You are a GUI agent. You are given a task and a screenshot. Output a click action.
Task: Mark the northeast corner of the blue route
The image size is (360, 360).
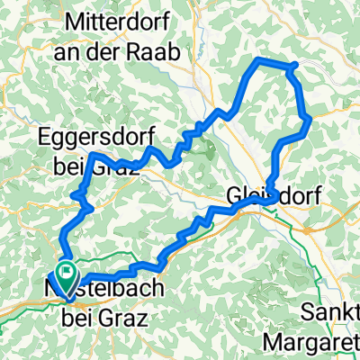295,64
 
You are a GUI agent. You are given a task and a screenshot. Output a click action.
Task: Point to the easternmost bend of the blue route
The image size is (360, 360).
310,117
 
